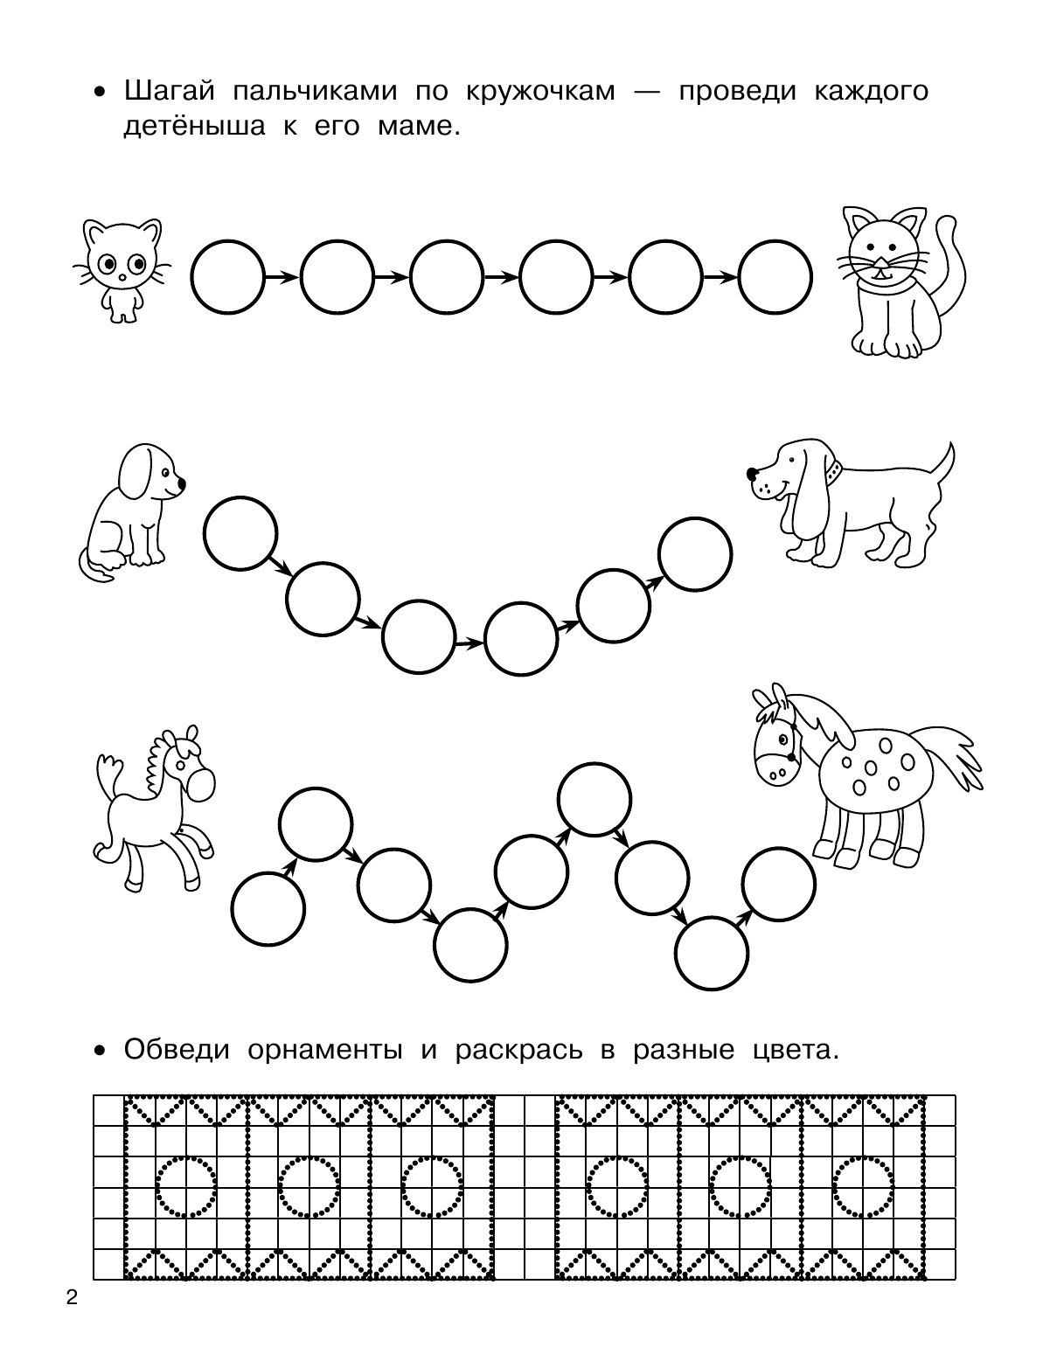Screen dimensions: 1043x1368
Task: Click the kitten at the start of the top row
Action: pyautogui.click(x=122, y=270)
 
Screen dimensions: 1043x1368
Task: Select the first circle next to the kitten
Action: pyautogui.click(x=228, y=277)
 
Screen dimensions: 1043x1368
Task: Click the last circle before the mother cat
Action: pyautogui.click(x=775, y=277)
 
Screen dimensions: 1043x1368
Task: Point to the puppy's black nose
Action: pyautogui.click(x=181, y=483)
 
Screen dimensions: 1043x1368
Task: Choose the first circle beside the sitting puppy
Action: pyautogui.click(x=240, y=533)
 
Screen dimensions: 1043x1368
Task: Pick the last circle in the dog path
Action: pyautogui.click(x=695, y=554)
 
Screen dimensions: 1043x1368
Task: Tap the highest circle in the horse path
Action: pyautogui.click(x=595, y=800)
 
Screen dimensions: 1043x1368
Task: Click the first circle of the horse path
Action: pyautogui.click(x=268, y=909)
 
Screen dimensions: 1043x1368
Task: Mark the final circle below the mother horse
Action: pyautogui.click(x=779, y=884)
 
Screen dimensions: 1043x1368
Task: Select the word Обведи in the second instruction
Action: pyautogui.click(x=177, y=1050)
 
